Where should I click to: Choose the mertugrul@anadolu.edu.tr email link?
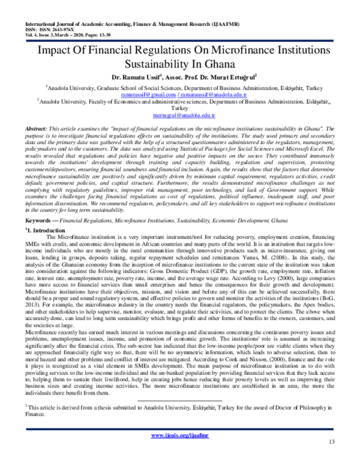coord(179,114)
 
